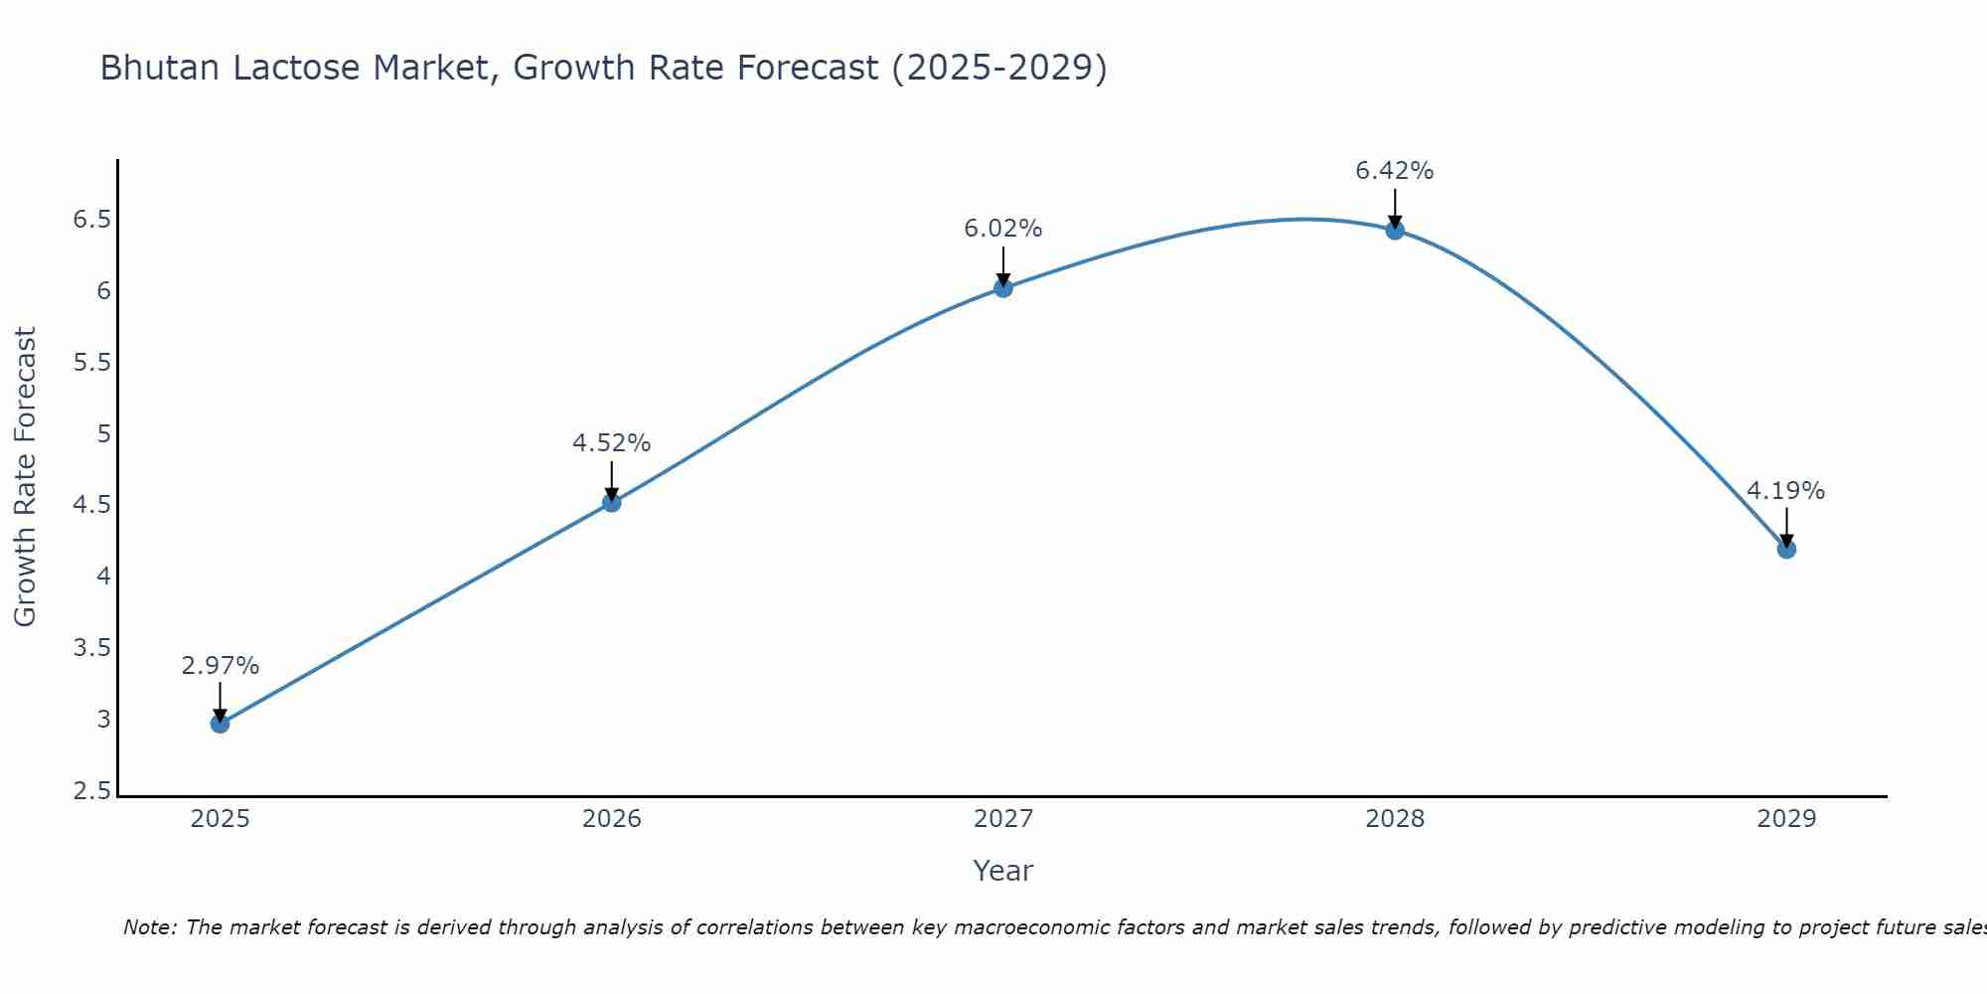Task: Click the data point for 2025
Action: click(x=220, y=723)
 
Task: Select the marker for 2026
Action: click(x=612, y=502)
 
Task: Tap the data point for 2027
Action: click(x=1003, y=288)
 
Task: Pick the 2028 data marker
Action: click(x=1395, y=231)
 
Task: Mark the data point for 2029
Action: click(x=1786, y=549)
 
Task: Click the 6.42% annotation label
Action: click(x=1394, y=171)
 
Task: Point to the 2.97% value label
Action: click(x=220, y=666)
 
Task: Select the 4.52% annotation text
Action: click(x=611, y=443)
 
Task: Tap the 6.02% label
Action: click(x=1002, y=229)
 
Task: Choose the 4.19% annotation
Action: click(x=1785, y=491)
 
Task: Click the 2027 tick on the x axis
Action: click(x=1003, y=819)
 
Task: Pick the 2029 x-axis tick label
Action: click(x=1786, y=819)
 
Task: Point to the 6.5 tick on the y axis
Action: click(x=91, y=220)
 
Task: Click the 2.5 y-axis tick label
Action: click(x=91, y=791)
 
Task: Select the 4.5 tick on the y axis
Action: click(x=91, y=505)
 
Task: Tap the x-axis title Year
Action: click(x=1003, y=871)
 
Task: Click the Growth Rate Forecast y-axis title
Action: click(x=25, y=477)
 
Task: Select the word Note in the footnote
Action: click(x=148, y=927)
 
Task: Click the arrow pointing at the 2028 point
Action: click(x=1395, y=207)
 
